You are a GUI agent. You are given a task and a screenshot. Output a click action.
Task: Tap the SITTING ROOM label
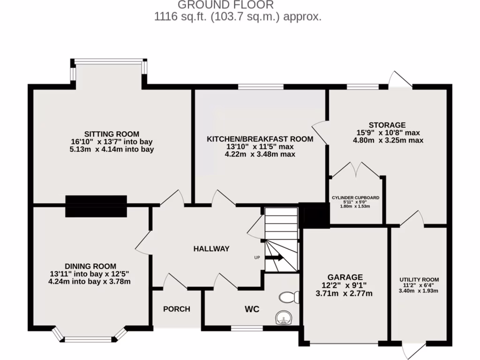(112, 134)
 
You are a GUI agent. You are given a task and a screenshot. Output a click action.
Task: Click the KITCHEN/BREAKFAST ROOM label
(260, 139)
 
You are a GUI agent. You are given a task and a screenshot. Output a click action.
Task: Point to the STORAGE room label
(387, 125)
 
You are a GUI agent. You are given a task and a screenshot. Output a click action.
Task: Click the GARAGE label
(345, 277)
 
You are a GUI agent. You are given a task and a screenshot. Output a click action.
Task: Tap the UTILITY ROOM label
(419, 279)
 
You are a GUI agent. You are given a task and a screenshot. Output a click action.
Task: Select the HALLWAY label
(211, 249)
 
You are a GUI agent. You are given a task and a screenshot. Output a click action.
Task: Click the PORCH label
(177, 309)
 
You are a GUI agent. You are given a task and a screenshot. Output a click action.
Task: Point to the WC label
(251, 309)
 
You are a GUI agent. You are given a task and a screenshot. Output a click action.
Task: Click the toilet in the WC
(289, 297)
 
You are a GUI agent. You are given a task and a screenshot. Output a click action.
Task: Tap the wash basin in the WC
(284, 319)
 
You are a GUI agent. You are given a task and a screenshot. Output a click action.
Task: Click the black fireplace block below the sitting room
(96, 206)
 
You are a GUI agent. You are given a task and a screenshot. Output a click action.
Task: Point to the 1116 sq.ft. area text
(238, 17)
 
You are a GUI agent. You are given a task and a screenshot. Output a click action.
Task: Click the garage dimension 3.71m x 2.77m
(345, 293)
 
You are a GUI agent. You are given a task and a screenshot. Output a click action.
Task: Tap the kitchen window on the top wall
(260, 87)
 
